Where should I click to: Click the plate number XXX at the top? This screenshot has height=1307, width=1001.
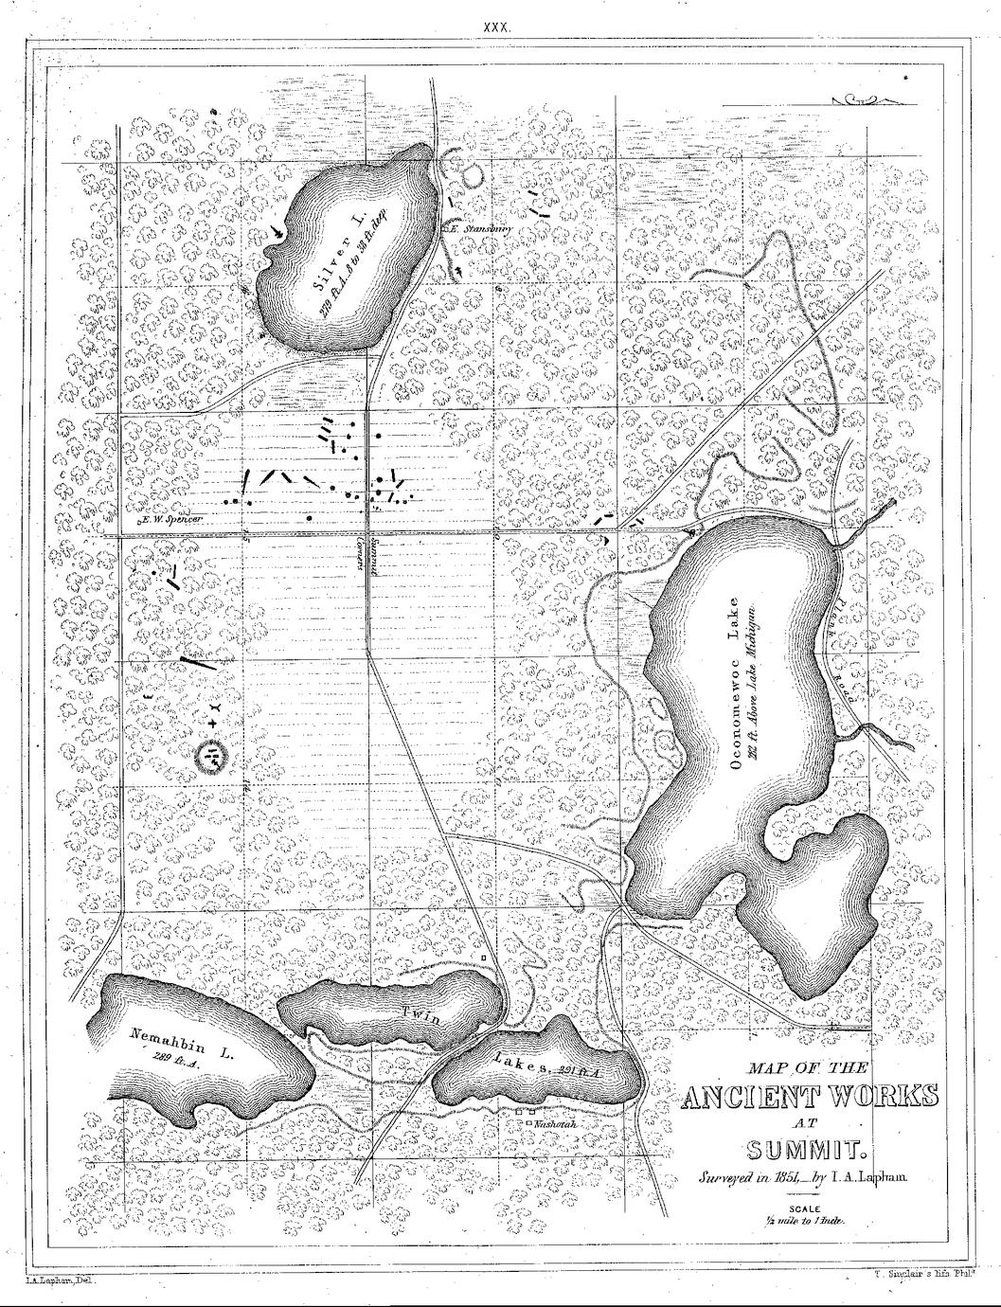click(497, 28)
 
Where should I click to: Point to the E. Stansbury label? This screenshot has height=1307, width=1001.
click(480, 227)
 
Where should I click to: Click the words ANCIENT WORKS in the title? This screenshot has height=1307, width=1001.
click(811, 1097)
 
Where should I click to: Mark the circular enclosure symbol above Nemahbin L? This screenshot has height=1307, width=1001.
click(214, 755)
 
